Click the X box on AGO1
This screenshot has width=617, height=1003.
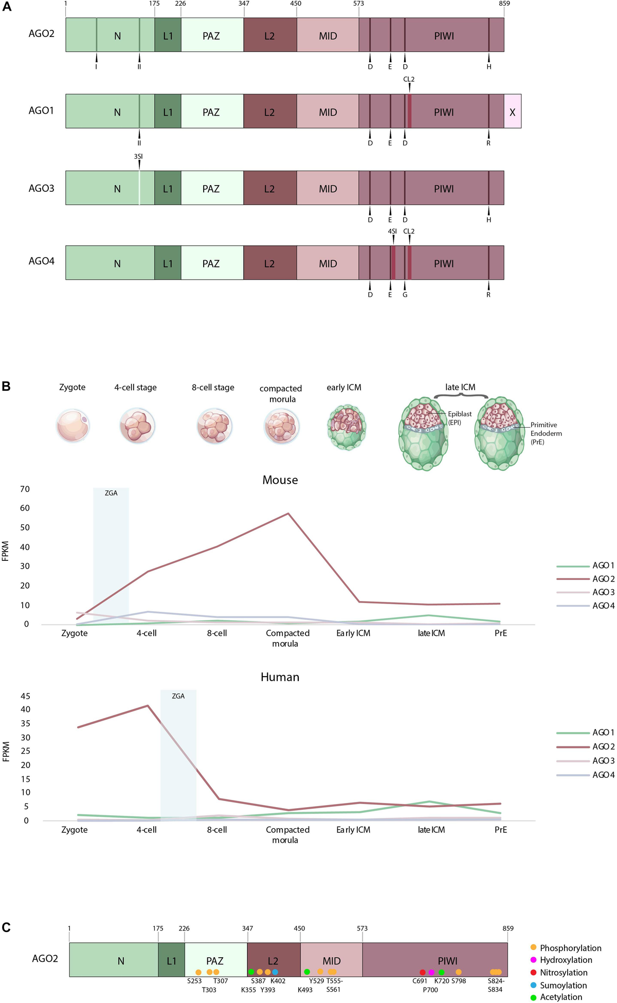(512, 112)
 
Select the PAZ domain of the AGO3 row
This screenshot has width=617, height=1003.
(211, 189)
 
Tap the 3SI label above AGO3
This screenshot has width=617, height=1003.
(138, 156)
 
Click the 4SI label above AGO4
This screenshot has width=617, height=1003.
(392, 231)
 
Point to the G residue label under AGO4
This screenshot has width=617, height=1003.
(405, 295)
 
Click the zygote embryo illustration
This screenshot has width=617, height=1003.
(73, 426)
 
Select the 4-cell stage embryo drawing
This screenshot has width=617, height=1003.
(137, 426)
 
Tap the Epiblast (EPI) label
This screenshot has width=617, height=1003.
(459, 417)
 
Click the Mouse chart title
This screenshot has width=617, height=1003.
(280, 480)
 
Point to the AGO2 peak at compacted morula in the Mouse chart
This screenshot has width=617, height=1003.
(288, 514)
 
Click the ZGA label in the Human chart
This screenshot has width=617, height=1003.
(178, 696)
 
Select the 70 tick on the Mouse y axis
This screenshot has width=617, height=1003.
(25, 489)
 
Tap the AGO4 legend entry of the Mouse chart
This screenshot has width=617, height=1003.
(603, 606)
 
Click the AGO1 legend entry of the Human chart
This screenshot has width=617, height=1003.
(603, 733)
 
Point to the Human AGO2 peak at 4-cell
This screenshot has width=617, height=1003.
(148, 706)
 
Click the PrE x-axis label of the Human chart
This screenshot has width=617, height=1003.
(500, 830)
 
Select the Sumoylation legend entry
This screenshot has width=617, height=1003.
(562, 986)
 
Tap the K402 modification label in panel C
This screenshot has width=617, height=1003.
(278, 981)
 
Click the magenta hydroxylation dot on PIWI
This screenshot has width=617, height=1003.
(431, 972)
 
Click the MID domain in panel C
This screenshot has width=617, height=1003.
(331, 960)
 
